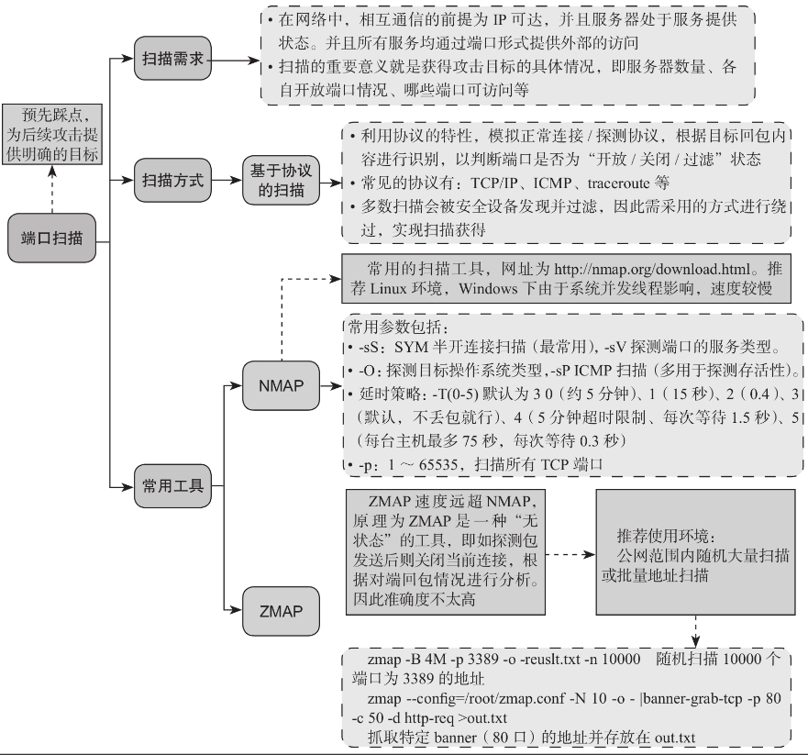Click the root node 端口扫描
51,239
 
